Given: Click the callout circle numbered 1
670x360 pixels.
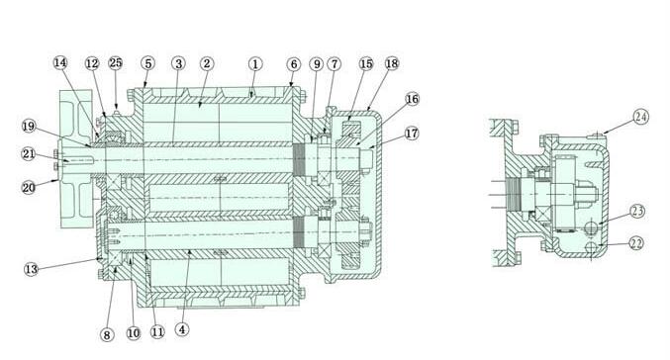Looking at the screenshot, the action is pos(255,64).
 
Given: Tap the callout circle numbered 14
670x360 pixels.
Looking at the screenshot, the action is pos(60,62).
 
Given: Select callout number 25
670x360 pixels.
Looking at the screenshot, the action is pos(116,62).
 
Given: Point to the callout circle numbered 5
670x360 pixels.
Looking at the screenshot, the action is pos(147,63).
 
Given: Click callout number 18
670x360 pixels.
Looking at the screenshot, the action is pos(392,63).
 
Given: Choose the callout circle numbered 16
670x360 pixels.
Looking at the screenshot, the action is pos(412,99).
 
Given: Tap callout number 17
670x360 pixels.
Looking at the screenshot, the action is pos(412,134).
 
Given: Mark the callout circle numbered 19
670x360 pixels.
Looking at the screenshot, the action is pos(29,127).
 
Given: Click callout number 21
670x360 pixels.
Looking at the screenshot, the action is pos(28,153).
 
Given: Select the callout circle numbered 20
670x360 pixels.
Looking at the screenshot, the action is pos(28,188).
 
